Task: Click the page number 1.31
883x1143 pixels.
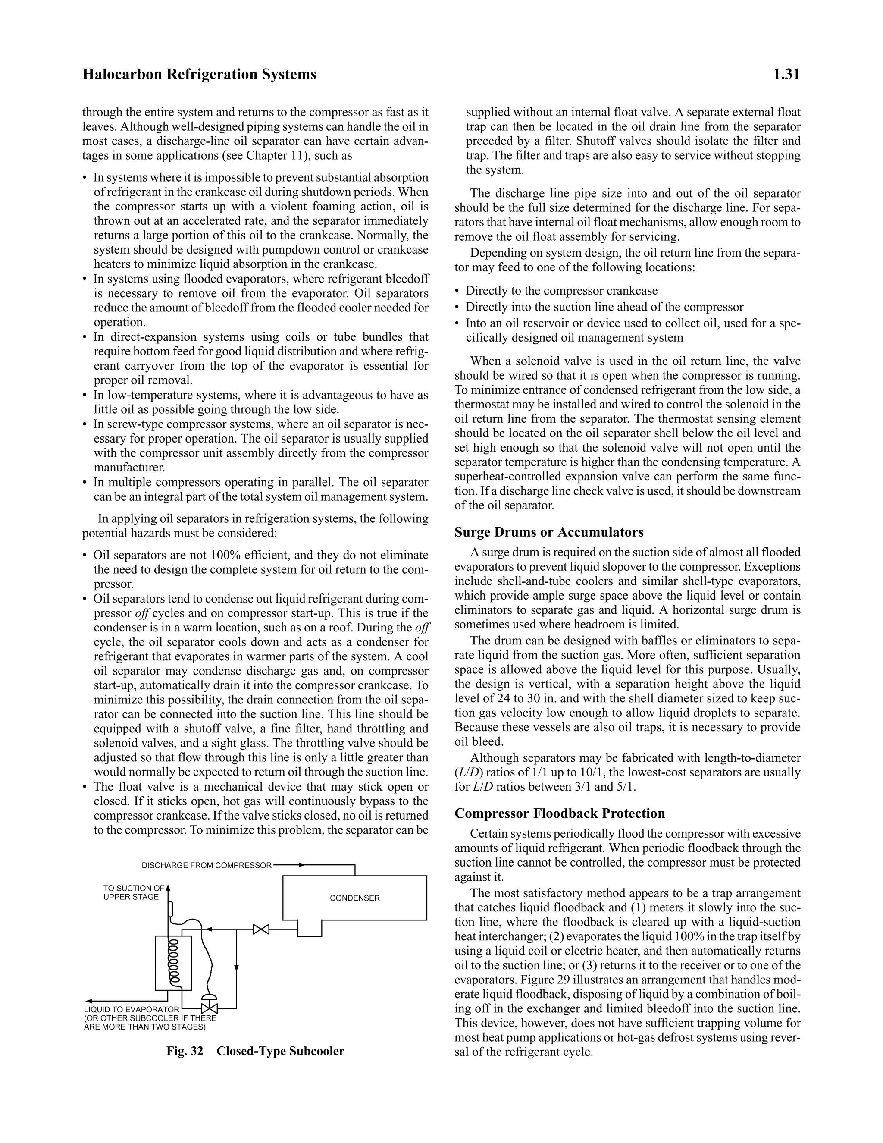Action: [x=786, y=75]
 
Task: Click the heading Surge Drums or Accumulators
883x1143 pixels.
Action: [x=549, y=532]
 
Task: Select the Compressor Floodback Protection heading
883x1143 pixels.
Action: [x=559, y=813]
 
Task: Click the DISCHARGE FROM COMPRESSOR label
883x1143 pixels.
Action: [x=207, y=866]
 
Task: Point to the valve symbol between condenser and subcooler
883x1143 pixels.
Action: [x=260, y=929]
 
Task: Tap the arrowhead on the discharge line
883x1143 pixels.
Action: [x=301, y=865]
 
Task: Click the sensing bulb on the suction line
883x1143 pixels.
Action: [x=171, y=910]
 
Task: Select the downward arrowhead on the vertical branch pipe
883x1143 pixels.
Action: [x=236, y=968]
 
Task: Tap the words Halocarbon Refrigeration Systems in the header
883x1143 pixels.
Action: [x=199, y=75]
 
